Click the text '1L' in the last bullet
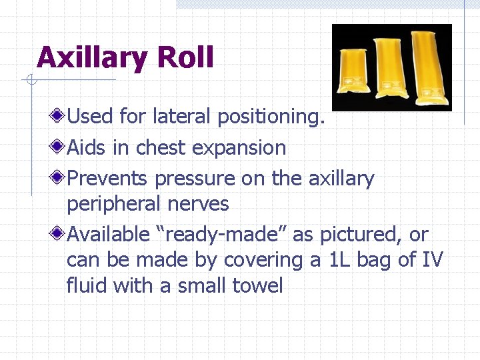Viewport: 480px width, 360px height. click(339, 260)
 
